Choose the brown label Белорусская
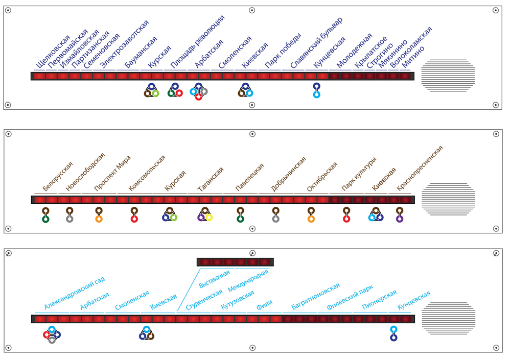pyautogui.click(x=58, y=176)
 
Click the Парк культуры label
pyautogui.click(x=359, y=174)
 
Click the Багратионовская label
pyautogui.click(x=315, y=296)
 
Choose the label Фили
pyautogui.click(x=264, y=306)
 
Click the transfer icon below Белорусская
pyautogui.click(x=45, y=215)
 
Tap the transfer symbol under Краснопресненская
pyautogui.click(x=400, y=215)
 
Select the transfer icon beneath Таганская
pyautogui.click(x=205, y=214)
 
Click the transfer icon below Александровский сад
pyautogui.click(x=52, y=334)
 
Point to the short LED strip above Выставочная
pyautogui.click(x=235, y=262)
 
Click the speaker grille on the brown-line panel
pyautogui.click(x=448, y=199)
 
